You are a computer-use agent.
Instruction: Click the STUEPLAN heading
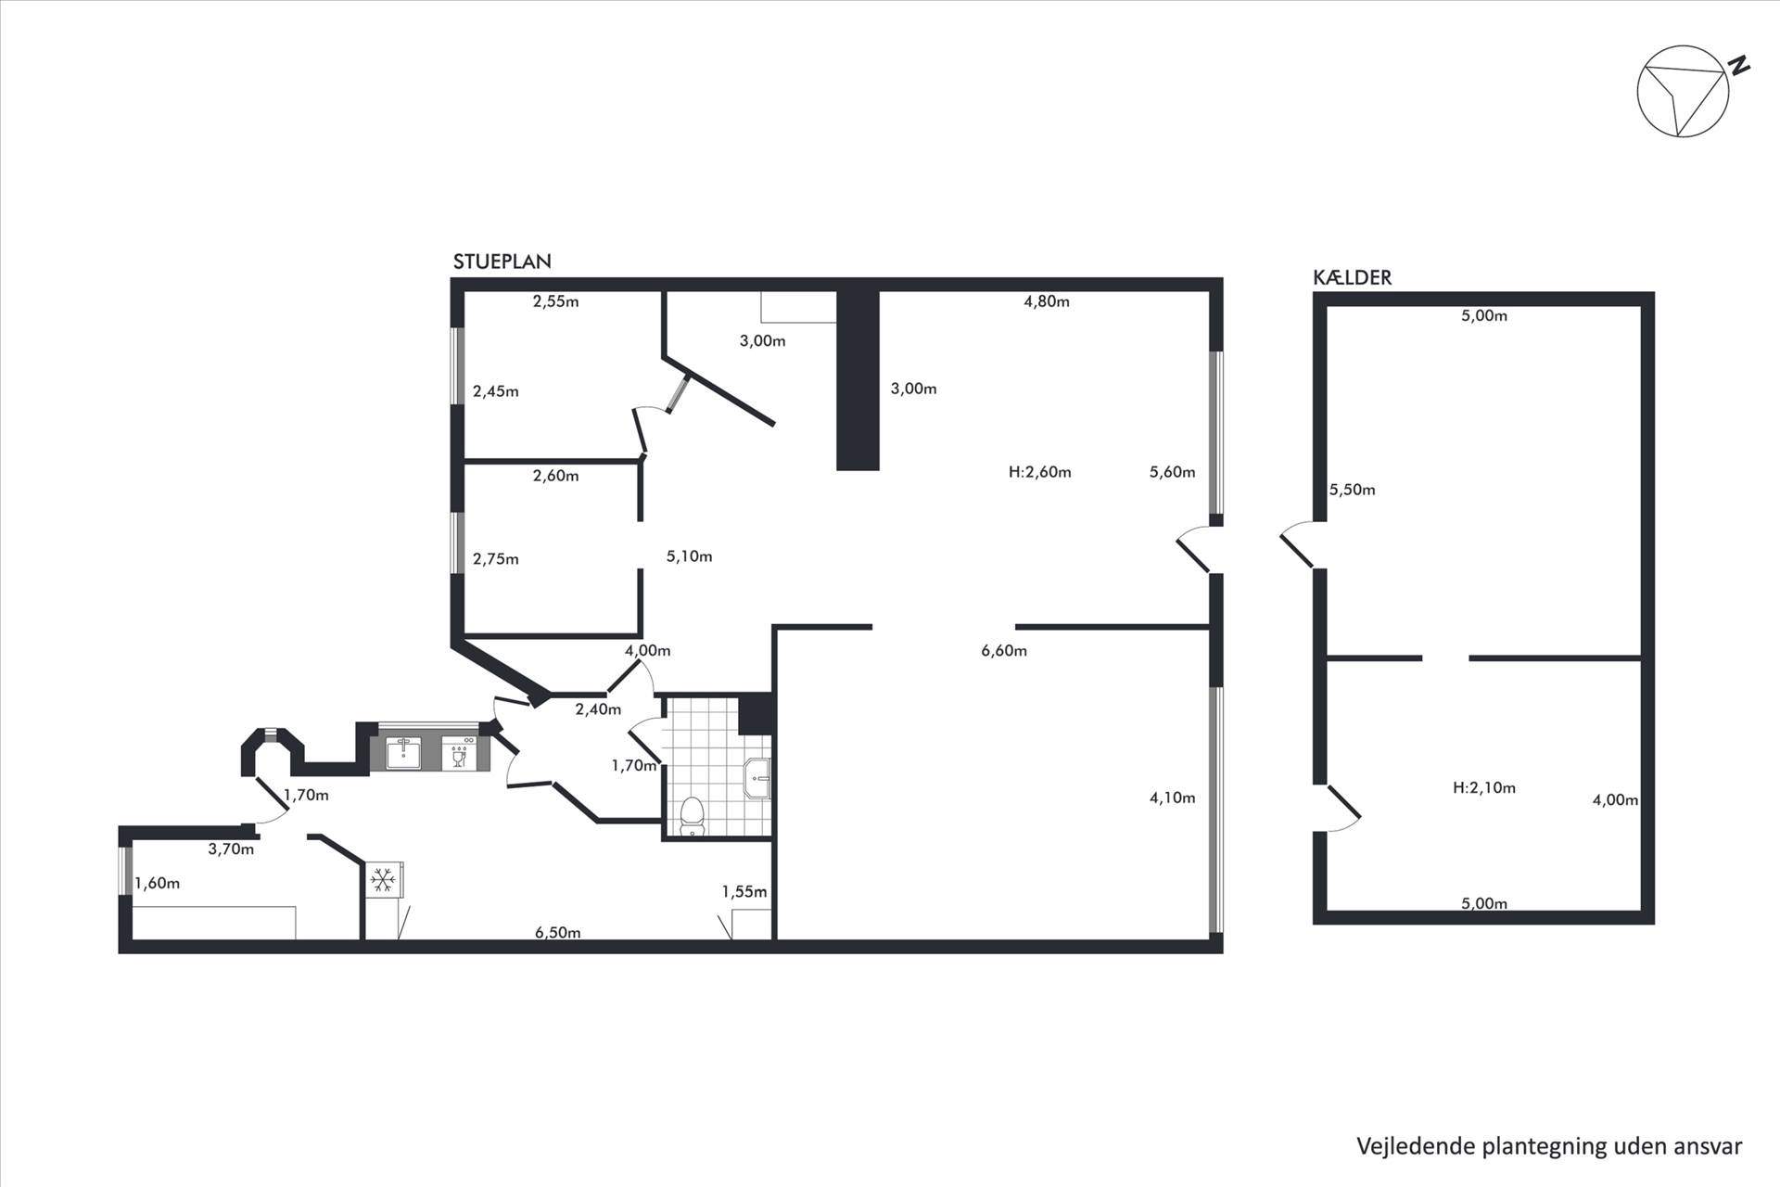[502, 262]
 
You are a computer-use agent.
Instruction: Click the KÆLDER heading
[1352, 277]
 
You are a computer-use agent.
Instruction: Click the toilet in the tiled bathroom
[692, 816]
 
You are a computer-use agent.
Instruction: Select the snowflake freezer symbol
[383, 879]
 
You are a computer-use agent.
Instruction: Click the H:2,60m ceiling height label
[1039, 472]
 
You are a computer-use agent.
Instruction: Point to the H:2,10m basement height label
[1483, 788]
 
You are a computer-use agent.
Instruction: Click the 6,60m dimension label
[1004, 651]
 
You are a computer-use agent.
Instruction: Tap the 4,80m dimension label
[1047, 301]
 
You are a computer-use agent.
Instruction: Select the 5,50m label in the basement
[1352, 490]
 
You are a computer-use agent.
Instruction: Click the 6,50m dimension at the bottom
[557, 932]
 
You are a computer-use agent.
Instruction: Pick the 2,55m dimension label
[555, 301]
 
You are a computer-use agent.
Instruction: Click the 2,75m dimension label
[495, 559]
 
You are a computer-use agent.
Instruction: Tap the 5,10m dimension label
[689, 556]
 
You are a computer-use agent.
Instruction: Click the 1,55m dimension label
[744, 892]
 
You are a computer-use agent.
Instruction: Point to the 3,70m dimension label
[231, 849]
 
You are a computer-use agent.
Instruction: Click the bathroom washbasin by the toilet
[757, 777]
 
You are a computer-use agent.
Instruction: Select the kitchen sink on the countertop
[403, 752]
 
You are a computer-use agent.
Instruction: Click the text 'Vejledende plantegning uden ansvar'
[1549, 1146]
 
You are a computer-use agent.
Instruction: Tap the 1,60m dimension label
[157, 884]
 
